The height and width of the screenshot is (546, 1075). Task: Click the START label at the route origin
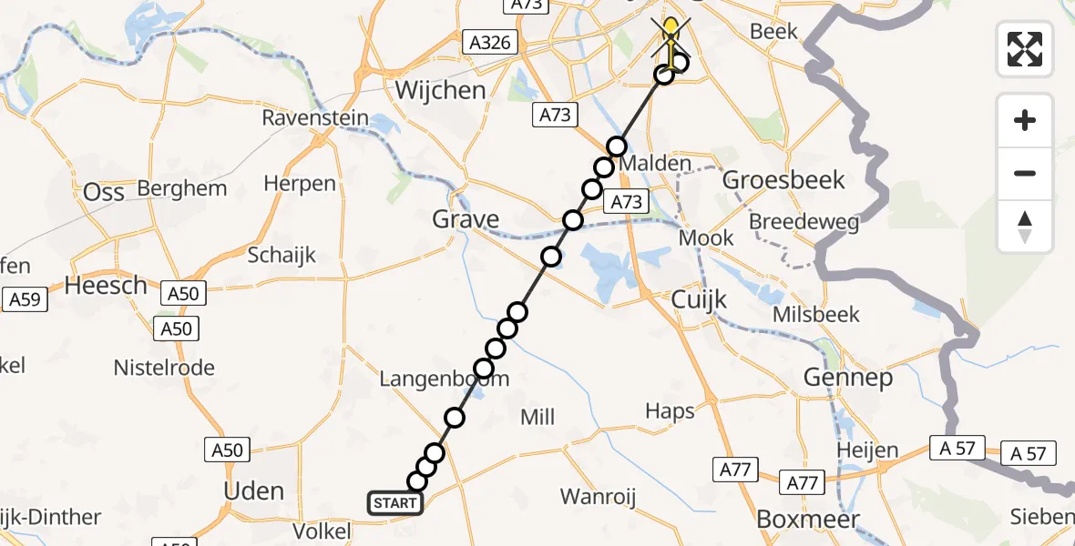click(395, 502)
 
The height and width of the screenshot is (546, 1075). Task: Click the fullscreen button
click(1025, 48)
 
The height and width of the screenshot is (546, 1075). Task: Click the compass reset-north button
click(1025, 227)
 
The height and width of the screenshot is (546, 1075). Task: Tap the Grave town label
click(466, 219)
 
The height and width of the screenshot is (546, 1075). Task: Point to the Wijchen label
click(440, 90)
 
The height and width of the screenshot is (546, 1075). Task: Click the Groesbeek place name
click(783, 179)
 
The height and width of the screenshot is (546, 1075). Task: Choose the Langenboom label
click(444, 379)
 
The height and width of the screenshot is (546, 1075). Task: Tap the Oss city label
click(103, 192)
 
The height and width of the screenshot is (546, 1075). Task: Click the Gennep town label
click(847, 377)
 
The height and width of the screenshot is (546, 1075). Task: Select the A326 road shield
click(489, 43)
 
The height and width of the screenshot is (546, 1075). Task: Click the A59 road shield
click(25, 298)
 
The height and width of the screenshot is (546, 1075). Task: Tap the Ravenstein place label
click(315, 118)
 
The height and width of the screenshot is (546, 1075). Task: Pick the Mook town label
click(707, 238)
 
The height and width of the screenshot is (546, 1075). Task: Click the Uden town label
click(254, 491)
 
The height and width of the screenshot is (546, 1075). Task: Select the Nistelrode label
click(164, 368)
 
